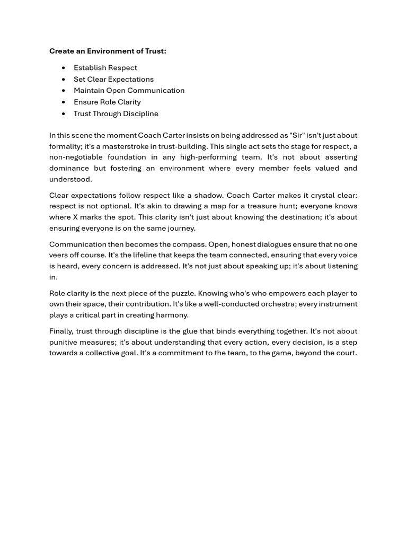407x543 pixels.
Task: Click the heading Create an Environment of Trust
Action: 108,51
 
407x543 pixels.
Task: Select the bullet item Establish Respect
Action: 105,67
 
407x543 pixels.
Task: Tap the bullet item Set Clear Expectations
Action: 113,79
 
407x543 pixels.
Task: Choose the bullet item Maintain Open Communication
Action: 129,90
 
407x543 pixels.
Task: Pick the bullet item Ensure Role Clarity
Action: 107,102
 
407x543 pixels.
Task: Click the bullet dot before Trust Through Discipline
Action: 64,113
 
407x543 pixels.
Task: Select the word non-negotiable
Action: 76,157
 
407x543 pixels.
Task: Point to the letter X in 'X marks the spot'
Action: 75,217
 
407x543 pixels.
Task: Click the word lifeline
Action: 145,255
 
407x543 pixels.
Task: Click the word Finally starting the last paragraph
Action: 61,331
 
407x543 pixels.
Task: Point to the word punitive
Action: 65,342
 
